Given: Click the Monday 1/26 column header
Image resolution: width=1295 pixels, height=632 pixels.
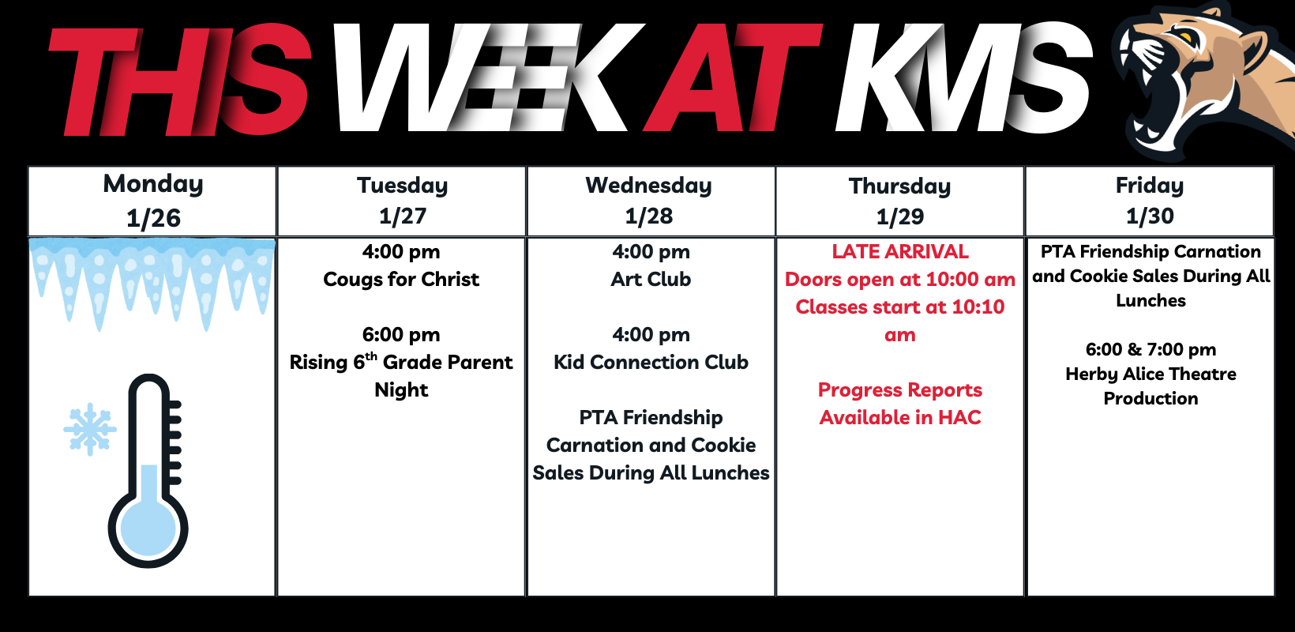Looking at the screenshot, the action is [x=152, y=201].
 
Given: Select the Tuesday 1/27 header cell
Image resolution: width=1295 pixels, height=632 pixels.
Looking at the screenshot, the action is [x=402, y=201].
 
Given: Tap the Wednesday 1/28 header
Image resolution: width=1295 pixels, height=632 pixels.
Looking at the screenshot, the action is [x=651, y=201].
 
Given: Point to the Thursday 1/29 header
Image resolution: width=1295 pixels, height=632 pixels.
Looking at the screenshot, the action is [x=899, y=201].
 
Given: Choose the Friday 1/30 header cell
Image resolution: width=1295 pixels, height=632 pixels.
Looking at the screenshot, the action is [x=1150, y=201].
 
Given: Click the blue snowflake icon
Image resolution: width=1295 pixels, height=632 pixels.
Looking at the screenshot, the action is [x=89, y=429].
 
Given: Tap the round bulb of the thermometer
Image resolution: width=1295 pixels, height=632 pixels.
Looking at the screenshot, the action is [x=148, y=529].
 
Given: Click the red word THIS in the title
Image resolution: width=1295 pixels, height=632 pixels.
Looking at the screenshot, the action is [x=179, y=81].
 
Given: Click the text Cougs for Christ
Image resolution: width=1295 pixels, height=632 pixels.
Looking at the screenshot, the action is [x=401, y=280].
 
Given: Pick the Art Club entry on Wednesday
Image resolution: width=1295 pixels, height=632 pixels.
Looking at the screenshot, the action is [x=651, y=280].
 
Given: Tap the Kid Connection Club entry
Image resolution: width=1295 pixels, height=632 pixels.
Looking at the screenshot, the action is [x=651, y=362].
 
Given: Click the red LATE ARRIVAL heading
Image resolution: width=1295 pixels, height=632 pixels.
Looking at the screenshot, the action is [x=900, y=251].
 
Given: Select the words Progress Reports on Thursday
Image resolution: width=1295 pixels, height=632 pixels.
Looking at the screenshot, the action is [x=900, y=390].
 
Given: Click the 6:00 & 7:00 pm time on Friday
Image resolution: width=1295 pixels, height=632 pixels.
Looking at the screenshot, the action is [x=1150, y=349].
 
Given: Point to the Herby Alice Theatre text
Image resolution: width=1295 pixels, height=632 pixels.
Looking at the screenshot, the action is [x=1150, y=374].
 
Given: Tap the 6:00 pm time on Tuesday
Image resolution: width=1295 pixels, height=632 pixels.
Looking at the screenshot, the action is [x=401, y=335].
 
